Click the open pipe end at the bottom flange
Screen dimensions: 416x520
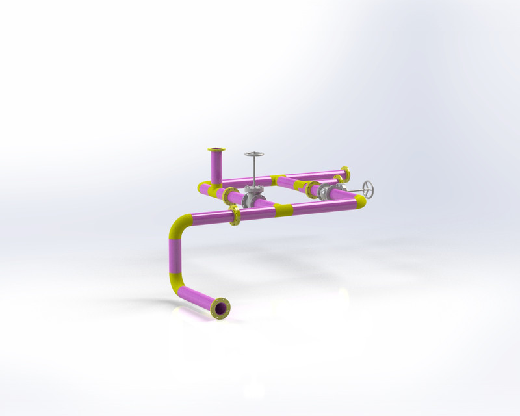[222, 308]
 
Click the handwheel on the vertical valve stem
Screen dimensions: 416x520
[254, 155]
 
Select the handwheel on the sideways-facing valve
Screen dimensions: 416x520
[369, 189]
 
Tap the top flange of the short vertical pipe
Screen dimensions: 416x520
[216, 150]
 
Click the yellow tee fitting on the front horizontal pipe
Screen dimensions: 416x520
[282, 209]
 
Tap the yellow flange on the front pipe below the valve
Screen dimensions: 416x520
[235, 216]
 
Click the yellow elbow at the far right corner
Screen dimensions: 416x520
[359, 201]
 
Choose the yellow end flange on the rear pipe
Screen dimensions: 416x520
[345, 174]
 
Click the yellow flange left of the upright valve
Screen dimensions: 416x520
[229, 196]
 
